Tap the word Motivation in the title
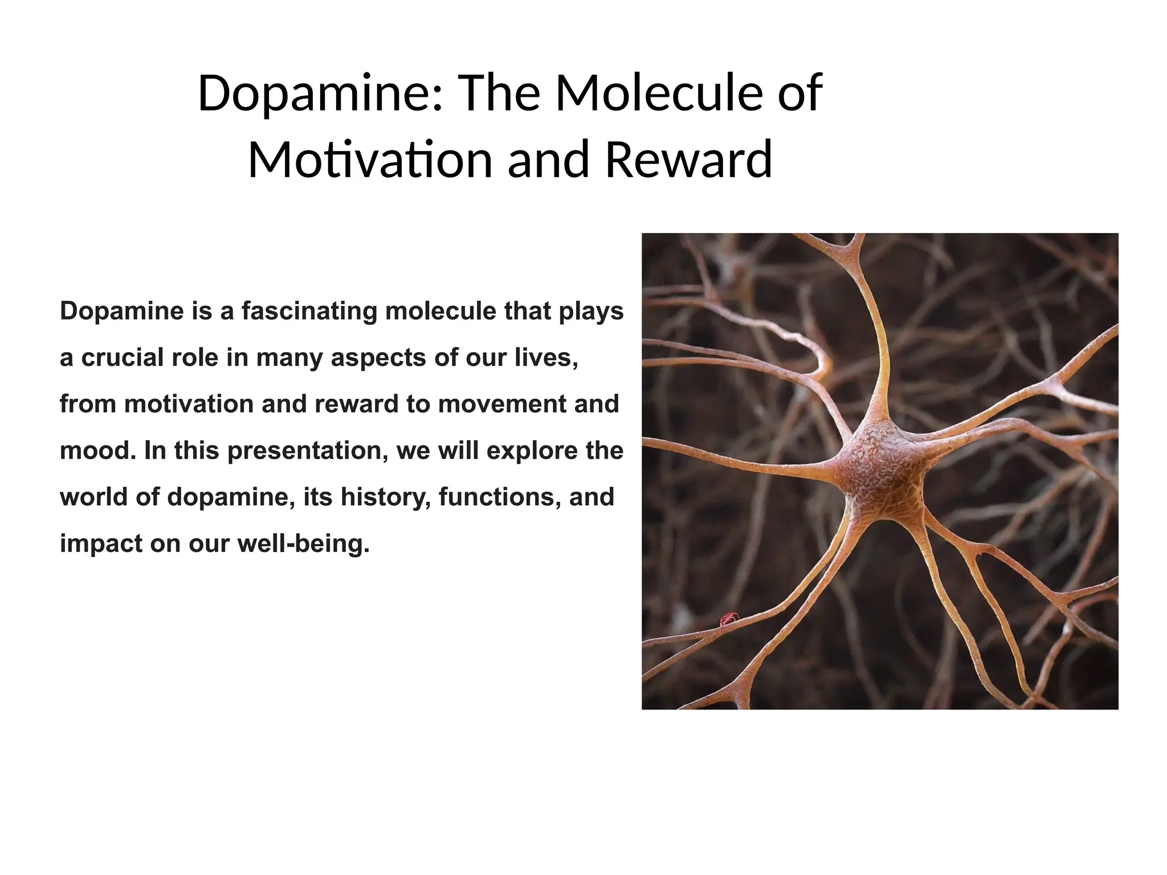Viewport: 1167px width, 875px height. (370, 160)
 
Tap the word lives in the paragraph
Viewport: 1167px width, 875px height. (545, 358)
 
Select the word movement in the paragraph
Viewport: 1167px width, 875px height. (502, 404)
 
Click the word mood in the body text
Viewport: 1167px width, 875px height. (97, 451)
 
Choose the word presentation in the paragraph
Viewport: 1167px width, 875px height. (308, 451)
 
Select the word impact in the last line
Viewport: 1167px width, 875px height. (101, 543)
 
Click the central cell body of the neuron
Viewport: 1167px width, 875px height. (880, 470)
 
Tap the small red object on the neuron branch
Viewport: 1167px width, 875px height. (729, 618)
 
